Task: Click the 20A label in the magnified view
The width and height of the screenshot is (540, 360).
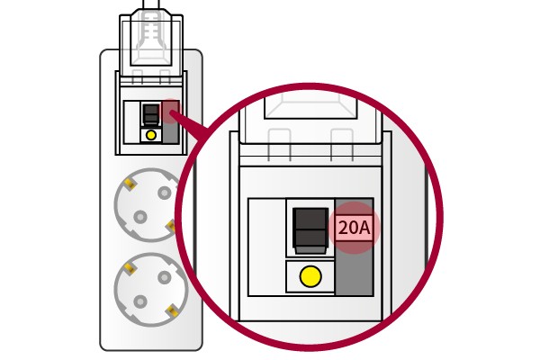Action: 354,228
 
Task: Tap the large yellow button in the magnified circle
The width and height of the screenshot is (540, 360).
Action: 310,276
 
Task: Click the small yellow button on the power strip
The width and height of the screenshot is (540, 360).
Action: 151,135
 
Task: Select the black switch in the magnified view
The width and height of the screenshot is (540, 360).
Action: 310,230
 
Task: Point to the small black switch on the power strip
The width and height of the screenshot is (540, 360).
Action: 151,114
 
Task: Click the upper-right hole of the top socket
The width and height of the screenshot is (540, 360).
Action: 165,193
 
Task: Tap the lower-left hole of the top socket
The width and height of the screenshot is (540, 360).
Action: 140,217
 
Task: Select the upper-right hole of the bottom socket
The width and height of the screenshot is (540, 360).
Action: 165,277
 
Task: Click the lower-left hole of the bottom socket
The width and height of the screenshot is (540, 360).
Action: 140,301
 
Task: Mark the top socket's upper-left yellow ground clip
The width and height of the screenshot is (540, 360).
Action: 130,184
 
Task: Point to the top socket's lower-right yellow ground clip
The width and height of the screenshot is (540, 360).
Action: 171,226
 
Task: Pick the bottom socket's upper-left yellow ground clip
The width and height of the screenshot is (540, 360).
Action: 130,268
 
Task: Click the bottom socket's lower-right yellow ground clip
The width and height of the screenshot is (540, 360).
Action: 172,311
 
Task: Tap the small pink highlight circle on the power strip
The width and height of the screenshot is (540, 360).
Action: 171,112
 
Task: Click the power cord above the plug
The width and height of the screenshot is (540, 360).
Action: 151,4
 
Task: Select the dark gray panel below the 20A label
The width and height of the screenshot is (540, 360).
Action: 355,268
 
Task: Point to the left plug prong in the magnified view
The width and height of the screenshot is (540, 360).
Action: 280,145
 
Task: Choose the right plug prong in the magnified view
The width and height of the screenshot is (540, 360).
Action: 342,145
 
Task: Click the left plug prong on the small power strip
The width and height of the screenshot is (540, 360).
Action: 138,76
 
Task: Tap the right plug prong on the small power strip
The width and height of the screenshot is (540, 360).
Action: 166,76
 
